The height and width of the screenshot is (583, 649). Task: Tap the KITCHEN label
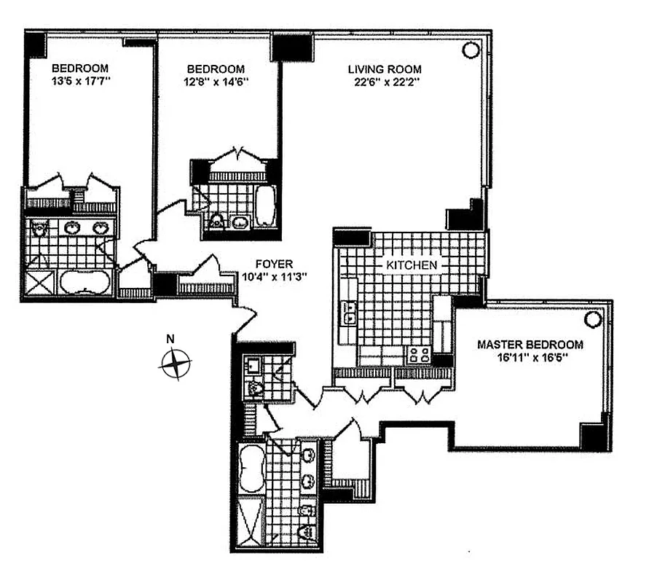412,265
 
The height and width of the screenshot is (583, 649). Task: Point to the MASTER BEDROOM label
530,345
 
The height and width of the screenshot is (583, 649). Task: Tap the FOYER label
274,264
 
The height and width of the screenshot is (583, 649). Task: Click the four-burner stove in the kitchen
418,355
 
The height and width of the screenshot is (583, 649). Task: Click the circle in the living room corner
471,50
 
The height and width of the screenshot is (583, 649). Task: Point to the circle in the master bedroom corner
594,319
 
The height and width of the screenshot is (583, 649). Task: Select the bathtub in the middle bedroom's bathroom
264,204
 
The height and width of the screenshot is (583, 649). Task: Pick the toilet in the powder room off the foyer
256,388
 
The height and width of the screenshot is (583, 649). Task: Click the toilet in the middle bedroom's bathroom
218,221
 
